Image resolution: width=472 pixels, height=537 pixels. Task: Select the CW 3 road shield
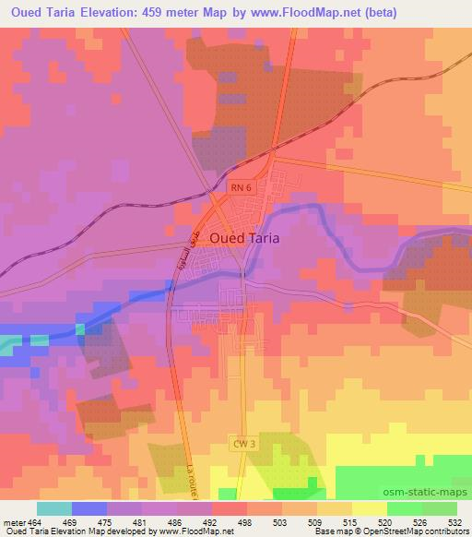coord(241,445)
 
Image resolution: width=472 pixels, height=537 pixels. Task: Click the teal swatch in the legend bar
coord(54,508)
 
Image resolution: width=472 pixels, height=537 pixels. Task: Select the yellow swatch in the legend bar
coord(369,508)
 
